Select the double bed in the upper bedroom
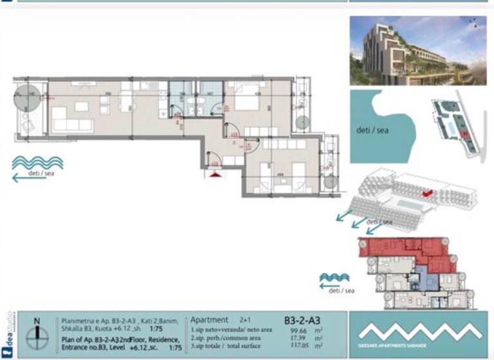pos(246,103)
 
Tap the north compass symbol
pos(38,332)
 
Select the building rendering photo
pos(417,51)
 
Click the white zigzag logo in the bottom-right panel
pos(419,330)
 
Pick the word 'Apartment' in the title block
pos(209,319)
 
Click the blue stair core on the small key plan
pos(421,278)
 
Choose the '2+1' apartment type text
pos(245,319)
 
